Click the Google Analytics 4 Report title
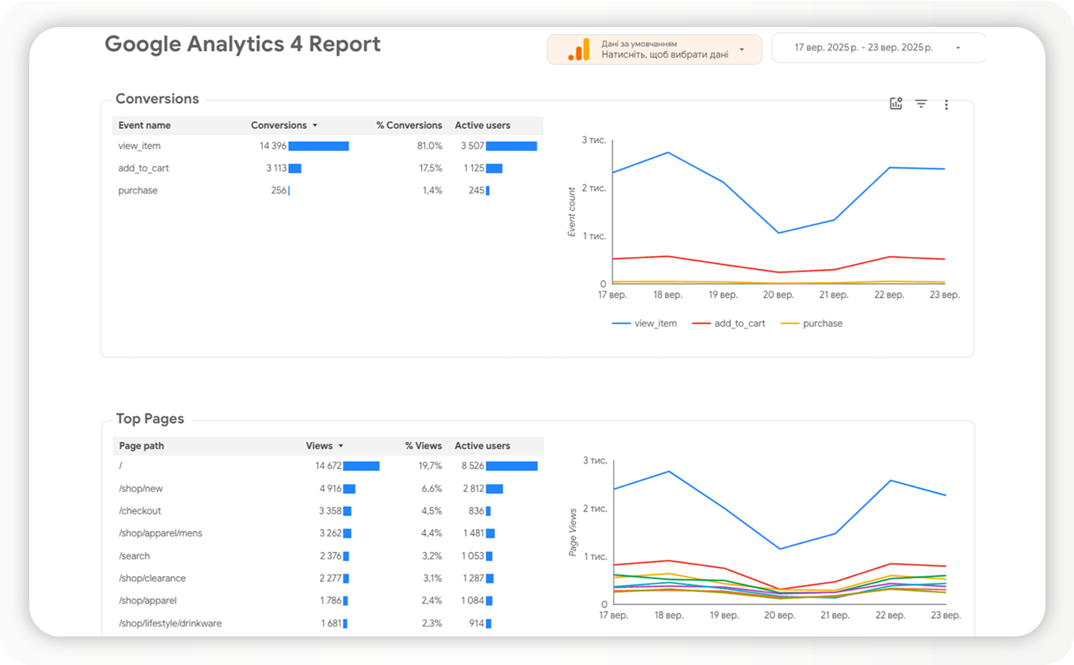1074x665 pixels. click(242, 45)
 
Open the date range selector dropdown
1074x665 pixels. click(879, 48)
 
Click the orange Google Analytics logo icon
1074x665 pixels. click(578, 49)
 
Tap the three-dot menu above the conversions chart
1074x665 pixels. click(946, 105)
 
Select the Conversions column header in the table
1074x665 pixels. click(279, 125)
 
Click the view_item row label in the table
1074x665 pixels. click(140, 146)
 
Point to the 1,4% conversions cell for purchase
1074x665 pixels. click(432, 191)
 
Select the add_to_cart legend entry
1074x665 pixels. click(739, 323)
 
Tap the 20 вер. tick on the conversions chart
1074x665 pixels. click(779, 295)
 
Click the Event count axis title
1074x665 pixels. click(572, 212)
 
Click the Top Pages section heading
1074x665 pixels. click(150, 419)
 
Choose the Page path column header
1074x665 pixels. click(142, 446)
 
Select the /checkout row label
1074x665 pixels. click(140, 511)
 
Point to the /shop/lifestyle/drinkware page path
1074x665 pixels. click(170, 623)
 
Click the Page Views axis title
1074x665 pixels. click(572, 533)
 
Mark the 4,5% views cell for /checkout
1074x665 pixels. click(432, 511)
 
